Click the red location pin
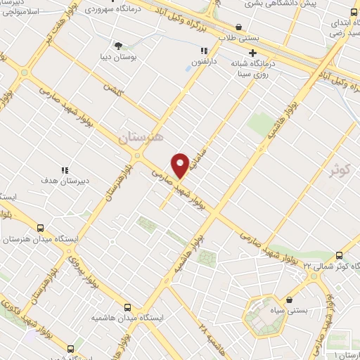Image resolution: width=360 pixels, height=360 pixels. tap(181, 165)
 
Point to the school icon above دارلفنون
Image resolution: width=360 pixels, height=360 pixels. tap(204, 51)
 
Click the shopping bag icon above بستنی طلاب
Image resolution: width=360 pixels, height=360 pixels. tap(239, 27)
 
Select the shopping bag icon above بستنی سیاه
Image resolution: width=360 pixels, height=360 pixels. tap(288, 299)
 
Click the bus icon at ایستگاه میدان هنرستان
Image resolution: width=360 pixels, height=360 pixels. tap(40, 228)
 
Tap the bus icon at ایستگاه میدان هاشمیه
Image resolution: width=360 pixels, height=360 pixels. tap(127, 307)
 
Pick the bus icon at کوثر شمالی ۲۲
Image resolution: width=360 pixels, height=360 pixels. tap(339, 255)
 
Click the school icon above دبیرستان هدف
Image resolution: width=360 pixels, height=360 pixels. tap(64, 169)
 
